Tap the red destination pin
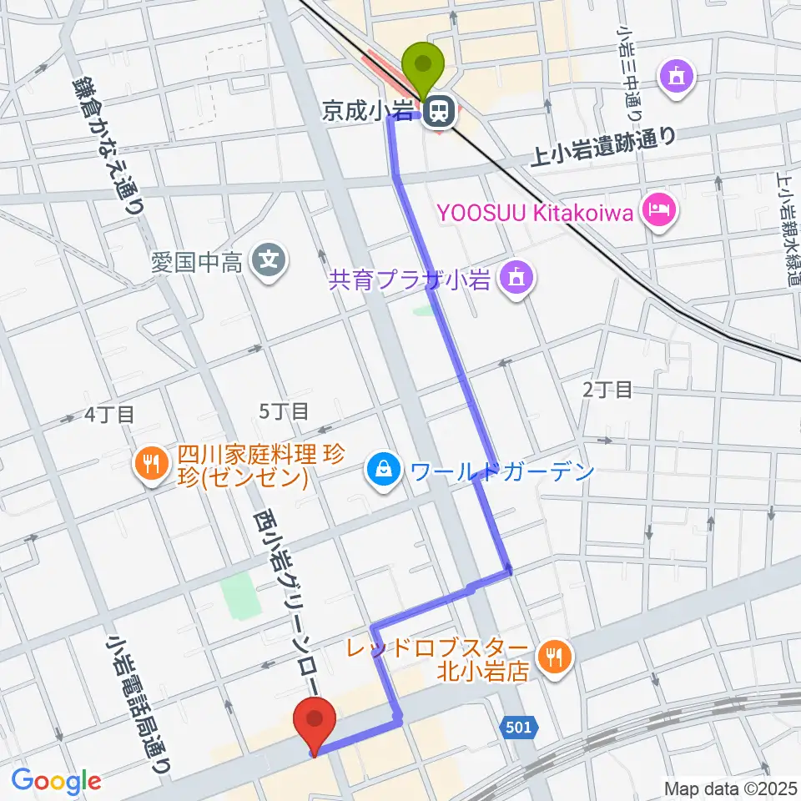pos(315,720)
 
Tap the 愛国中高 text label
pos(197,264)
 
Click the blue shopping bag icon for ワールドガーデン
pos(382,471)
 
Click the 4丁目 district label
pos(109,415)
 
